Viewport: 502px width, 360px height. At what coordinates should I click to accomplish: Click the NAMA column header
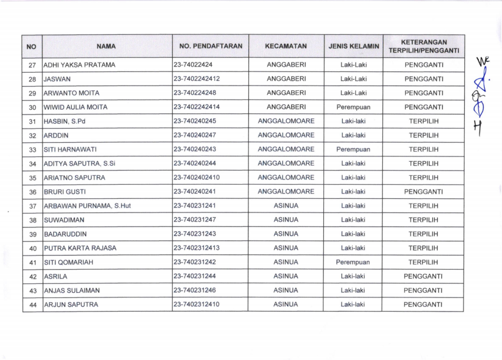pos(106,46)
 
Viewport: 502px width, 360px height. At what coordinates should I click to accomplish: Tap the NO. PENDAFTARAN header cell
pos(211,46)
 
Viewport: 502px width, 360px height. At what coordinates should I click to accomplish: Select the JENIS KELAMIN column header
pos(353,46)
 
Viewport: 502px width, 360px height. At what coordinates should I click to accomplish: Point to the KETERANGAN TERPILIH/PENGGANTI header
pos(424,46)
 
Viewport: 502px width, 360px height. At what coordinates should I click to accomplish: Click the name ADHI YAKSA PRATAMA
pos(80,65)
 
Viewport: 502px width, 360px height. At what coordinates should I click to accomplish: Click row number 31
pos(32,122)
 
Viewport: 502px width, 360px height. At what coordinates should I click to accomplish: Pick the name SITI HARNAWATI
pos(70,149)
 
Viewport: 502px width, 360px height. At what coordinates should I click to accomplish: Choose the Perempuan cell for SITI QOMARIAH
pos(353,262)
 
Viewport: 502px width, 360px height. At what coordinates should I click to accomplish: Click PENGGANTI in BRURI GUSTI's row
pos(424,192)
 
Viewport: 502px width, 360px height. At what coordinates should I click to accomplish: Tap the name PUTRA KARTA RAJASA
pos(80,248)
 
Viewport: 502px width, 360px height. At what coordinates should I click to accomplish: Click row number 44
pos(32,305)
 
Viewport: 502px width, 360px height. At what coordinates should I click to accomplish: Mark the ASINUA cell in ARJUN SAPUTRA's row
pos(286,305)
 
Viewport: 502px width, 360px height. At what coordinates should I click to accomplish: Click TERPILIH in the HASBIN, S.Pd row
pos(424,121)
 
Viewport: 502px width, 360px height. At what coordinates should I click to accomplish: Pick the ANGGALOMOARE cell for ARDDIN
pos(286,135)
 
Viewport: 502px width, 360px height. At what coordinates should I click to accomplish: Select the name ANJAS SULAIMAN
pos(72,290)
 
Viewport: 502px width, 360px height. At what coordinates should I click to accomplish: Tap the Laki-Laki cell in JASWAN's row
pos(353,78)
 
